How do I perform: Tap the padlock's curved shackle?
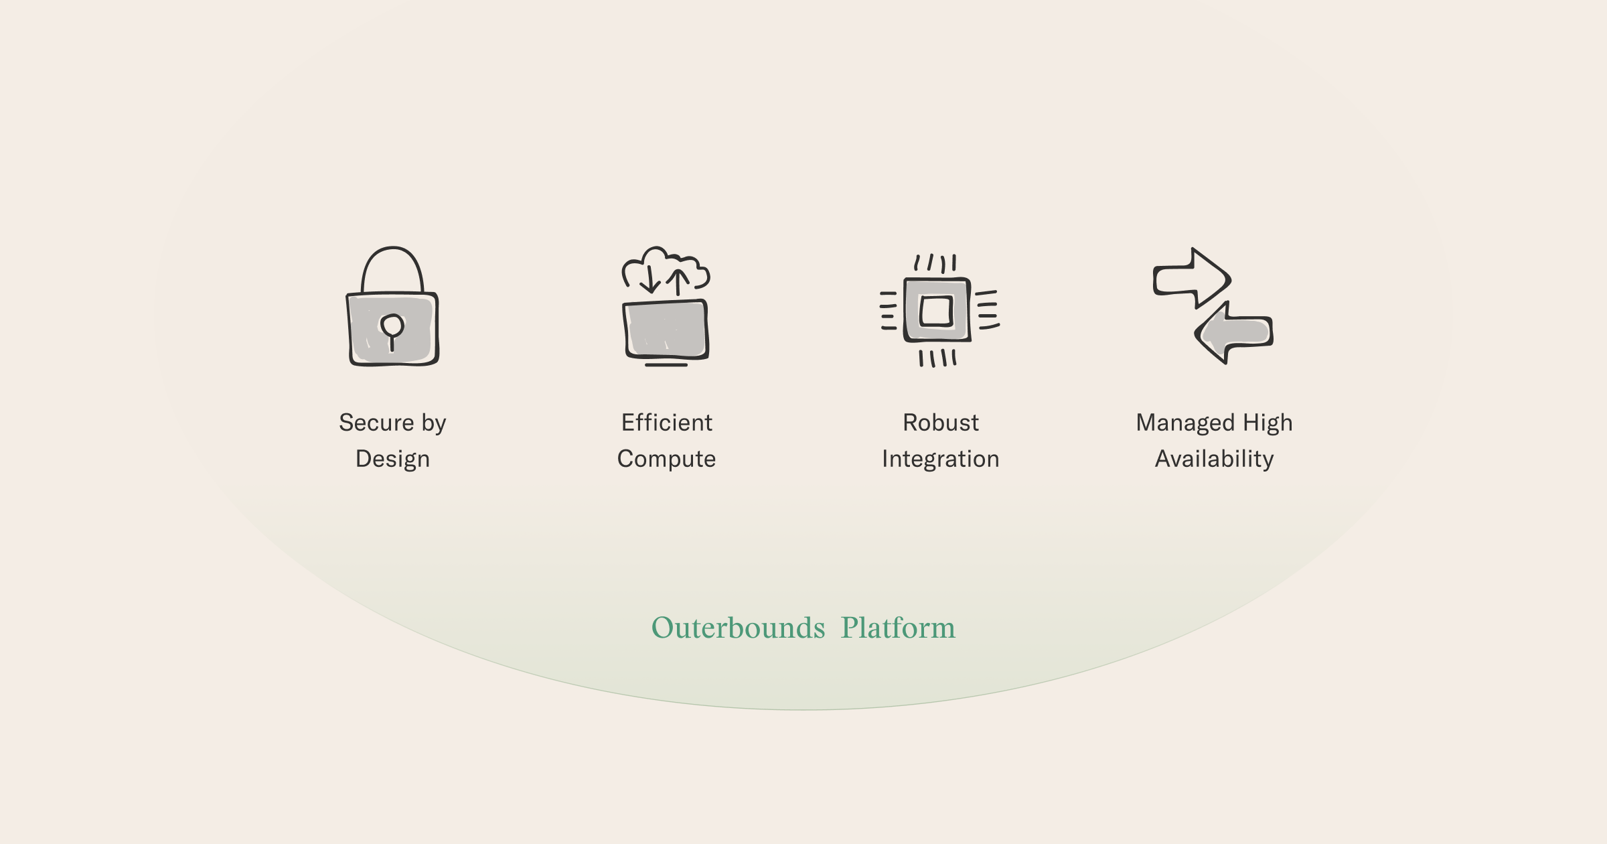pyautogui.click(x=392, y=249)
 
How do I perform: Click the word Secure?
pyautogui.click(x=376, y=423)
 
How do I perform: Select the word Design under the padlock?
pyautogui.click(x=392, y=460)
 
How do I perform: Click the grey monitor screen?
pyautogui.click(x=666, y=329)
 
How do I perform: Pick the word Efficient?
pyautogui.click(x=667, y=423)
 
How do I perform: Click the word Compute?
pyautogui.click(x=666, y=460)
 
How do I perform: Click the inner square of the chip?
pyautogui.click(x=936, y=311)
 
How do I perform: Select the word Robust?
pyautogui.click(x=941, y=423)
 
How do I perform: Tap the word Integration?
pyautogui.click(x=941, y=460)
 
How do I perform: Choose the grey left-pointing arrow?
pyautogui.click(x=1233, y=332)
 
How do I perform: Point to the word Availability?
pyautogui.click(x=1215, y=460)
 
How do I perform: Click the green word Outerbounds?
pyautogui.click(x=739, y=628)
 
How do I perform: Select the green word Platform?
pyautogui.click(x=898, y=628)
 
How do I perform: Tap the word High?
pyautogui.click(x=1268, y=423)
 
